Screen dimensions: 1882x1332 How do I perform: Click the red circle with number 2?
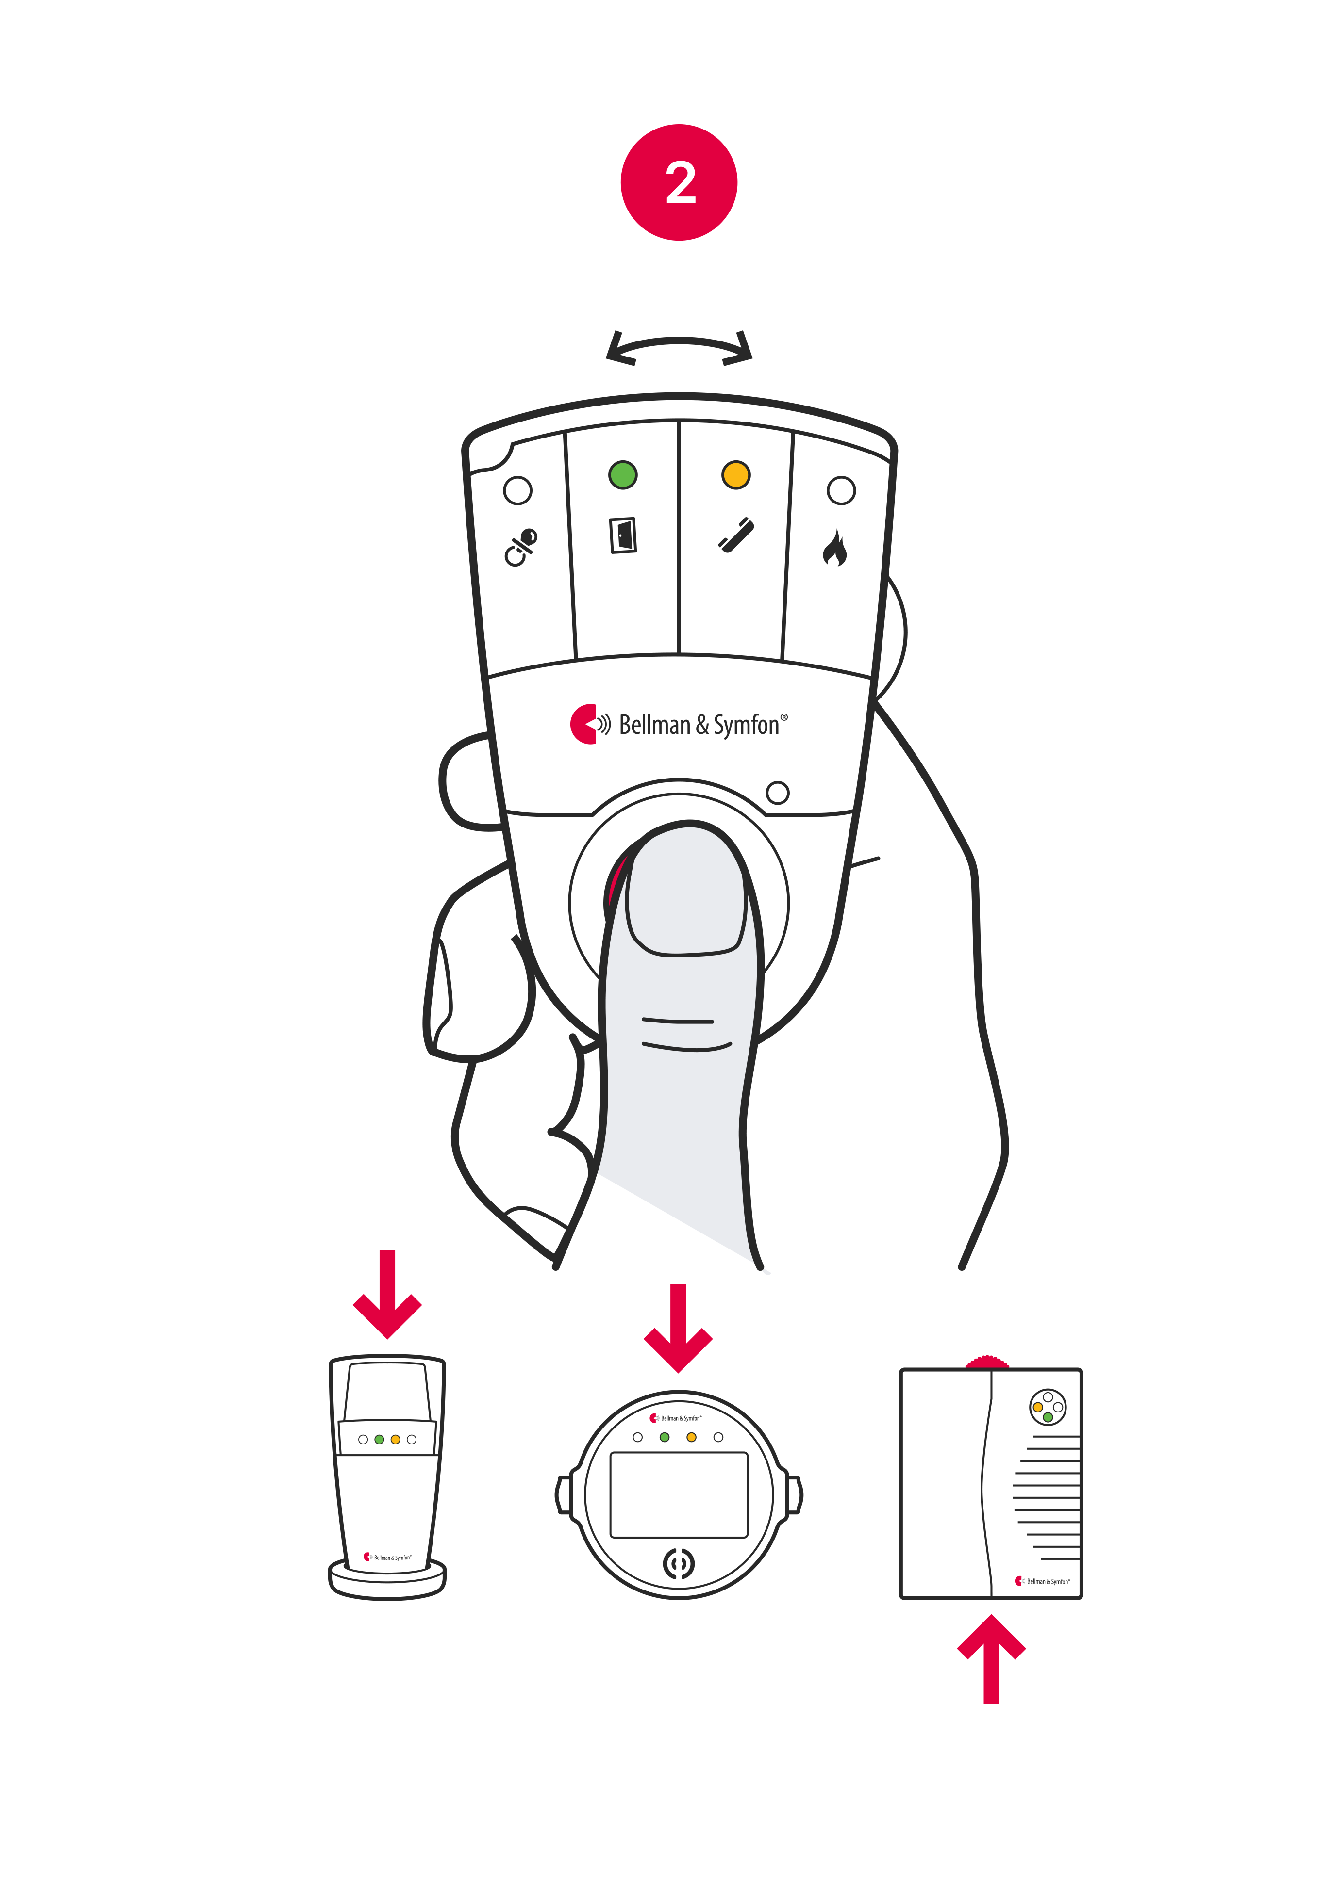[x=679, y=182]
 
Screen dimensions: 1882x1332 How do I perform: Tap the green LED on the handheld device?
[x=622, y=474]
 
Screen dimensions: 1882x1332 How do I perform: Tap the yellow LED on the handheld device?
[x=736, y=474]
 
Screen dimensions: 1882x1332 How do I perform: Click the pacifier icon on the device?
[x=520, y=547]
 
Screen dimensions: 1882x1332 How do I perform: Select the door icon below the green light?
[x=623, y=535]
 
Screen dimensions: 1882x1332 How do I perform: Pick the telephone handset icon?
[x=736, y=535]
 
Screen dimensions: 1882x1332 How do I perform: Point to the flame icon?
[x=835, y=549]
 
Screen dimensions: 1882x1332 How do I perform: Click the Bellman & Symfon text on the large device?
[x=699, y=725]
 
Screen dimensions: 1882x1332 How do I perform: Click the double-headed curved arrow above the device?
[x=679, y=348]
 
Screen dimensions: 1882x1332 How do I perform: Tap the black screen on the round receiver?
[x=679, y=1494]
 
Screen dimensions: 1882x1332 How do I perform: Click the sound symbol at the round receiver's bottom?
[x=678, y=1564]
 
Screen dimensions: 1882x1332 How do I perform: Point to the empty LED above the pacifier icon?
[x=517, y=490]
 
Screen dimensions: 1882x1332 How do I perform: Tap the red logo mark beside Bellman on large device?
[x=583, y=724]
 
